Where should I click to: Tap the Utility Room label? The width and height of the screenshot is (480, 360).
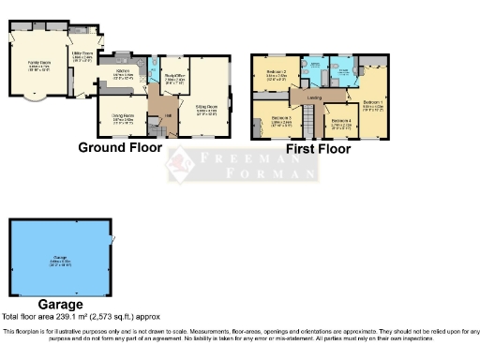[82, 56]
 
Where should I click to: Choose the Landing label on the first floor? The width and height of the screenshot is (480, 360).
[317, 96]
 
